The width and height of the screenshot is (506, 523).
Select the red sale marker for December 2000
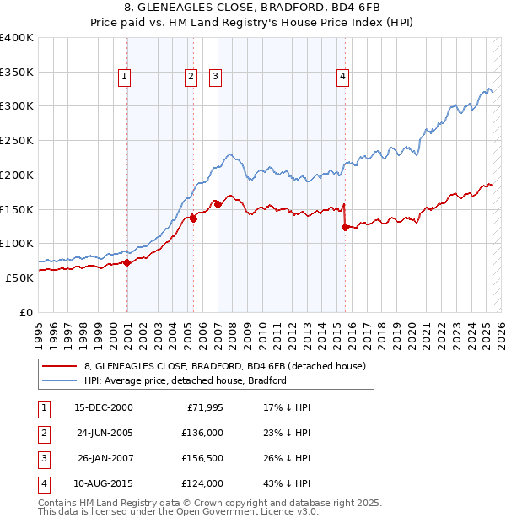click(x=126, y=262)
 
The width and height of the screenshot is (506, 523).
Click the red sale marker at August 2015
click(x=345, y=227)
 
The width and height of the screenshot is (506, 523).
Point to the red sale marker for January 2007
click(x=218, y=203)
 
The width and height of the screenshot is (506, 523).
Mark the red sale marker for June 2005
click(x=193, y=218)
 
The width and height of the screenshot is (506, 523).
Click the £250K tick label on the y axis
click(x=17, y=140)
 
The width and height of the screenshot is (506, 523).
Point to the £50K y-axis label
click(x=20, y=278)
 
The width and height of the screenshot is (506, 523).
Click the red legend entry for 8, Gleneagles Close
click(x=224, y=367)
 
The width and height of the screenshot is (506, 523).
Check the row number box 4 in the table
click(x=42, y=483)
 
